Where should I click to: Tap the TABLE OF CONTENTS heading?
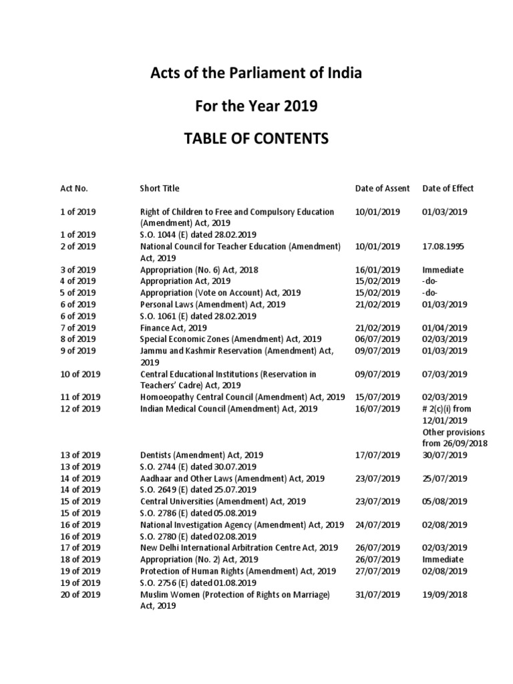tap(256, 139)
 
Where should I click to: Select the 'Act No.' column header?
tap(74, 189)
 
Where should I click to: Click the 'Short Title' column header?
tap(160, 189)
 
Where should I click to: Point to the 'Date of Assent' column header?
tap(383, 189)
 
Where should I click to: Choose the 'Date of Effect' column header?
tap(448, 189)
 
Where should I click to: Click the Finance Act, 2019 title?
tap(173, 328)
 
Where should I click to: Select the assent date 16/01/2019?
tap(377, 270)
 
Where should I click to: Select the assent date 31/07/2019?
tap(377, 594)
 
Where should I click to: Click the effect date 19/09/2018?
tap(445, 594)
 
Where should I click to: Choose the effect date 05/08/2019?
tap(445, 502)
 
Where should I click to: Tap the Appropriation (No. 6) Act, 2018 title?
tap(199, 270)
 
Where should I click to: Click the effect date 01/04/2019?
tap(445, 328)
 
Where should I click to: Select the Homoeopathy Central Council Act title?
tap(242, 397)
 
